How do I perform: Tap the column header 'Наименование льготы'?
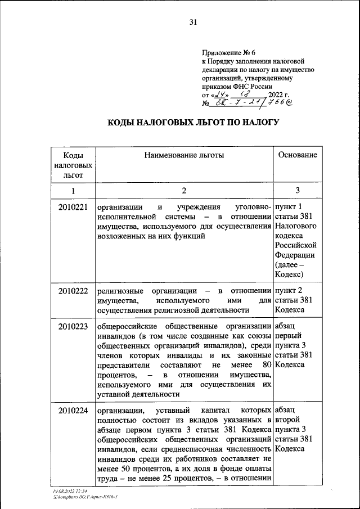(x=184, y=155)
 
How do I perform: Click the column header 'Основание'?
(x=298, y=155)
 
